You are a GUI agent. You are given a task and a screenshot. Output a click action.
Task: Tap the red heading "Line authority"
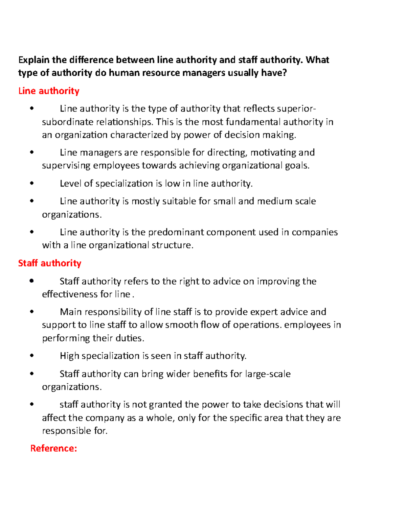(49, 91)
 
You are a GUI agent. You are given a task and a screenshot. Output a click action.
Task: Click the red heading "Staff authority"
(49, 263)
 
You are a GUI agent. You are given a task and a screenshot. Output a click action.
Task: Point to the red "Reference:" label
(53, 449)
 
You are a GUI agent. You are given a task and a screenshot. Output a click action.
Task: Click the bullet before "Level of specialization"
(32, 184)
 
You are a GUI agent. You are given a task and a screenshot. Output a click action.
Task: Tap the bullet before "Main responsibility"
(32, 312)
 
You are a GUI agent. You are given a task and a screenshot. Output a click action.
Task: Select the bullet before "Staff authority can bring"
(32, 374)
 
